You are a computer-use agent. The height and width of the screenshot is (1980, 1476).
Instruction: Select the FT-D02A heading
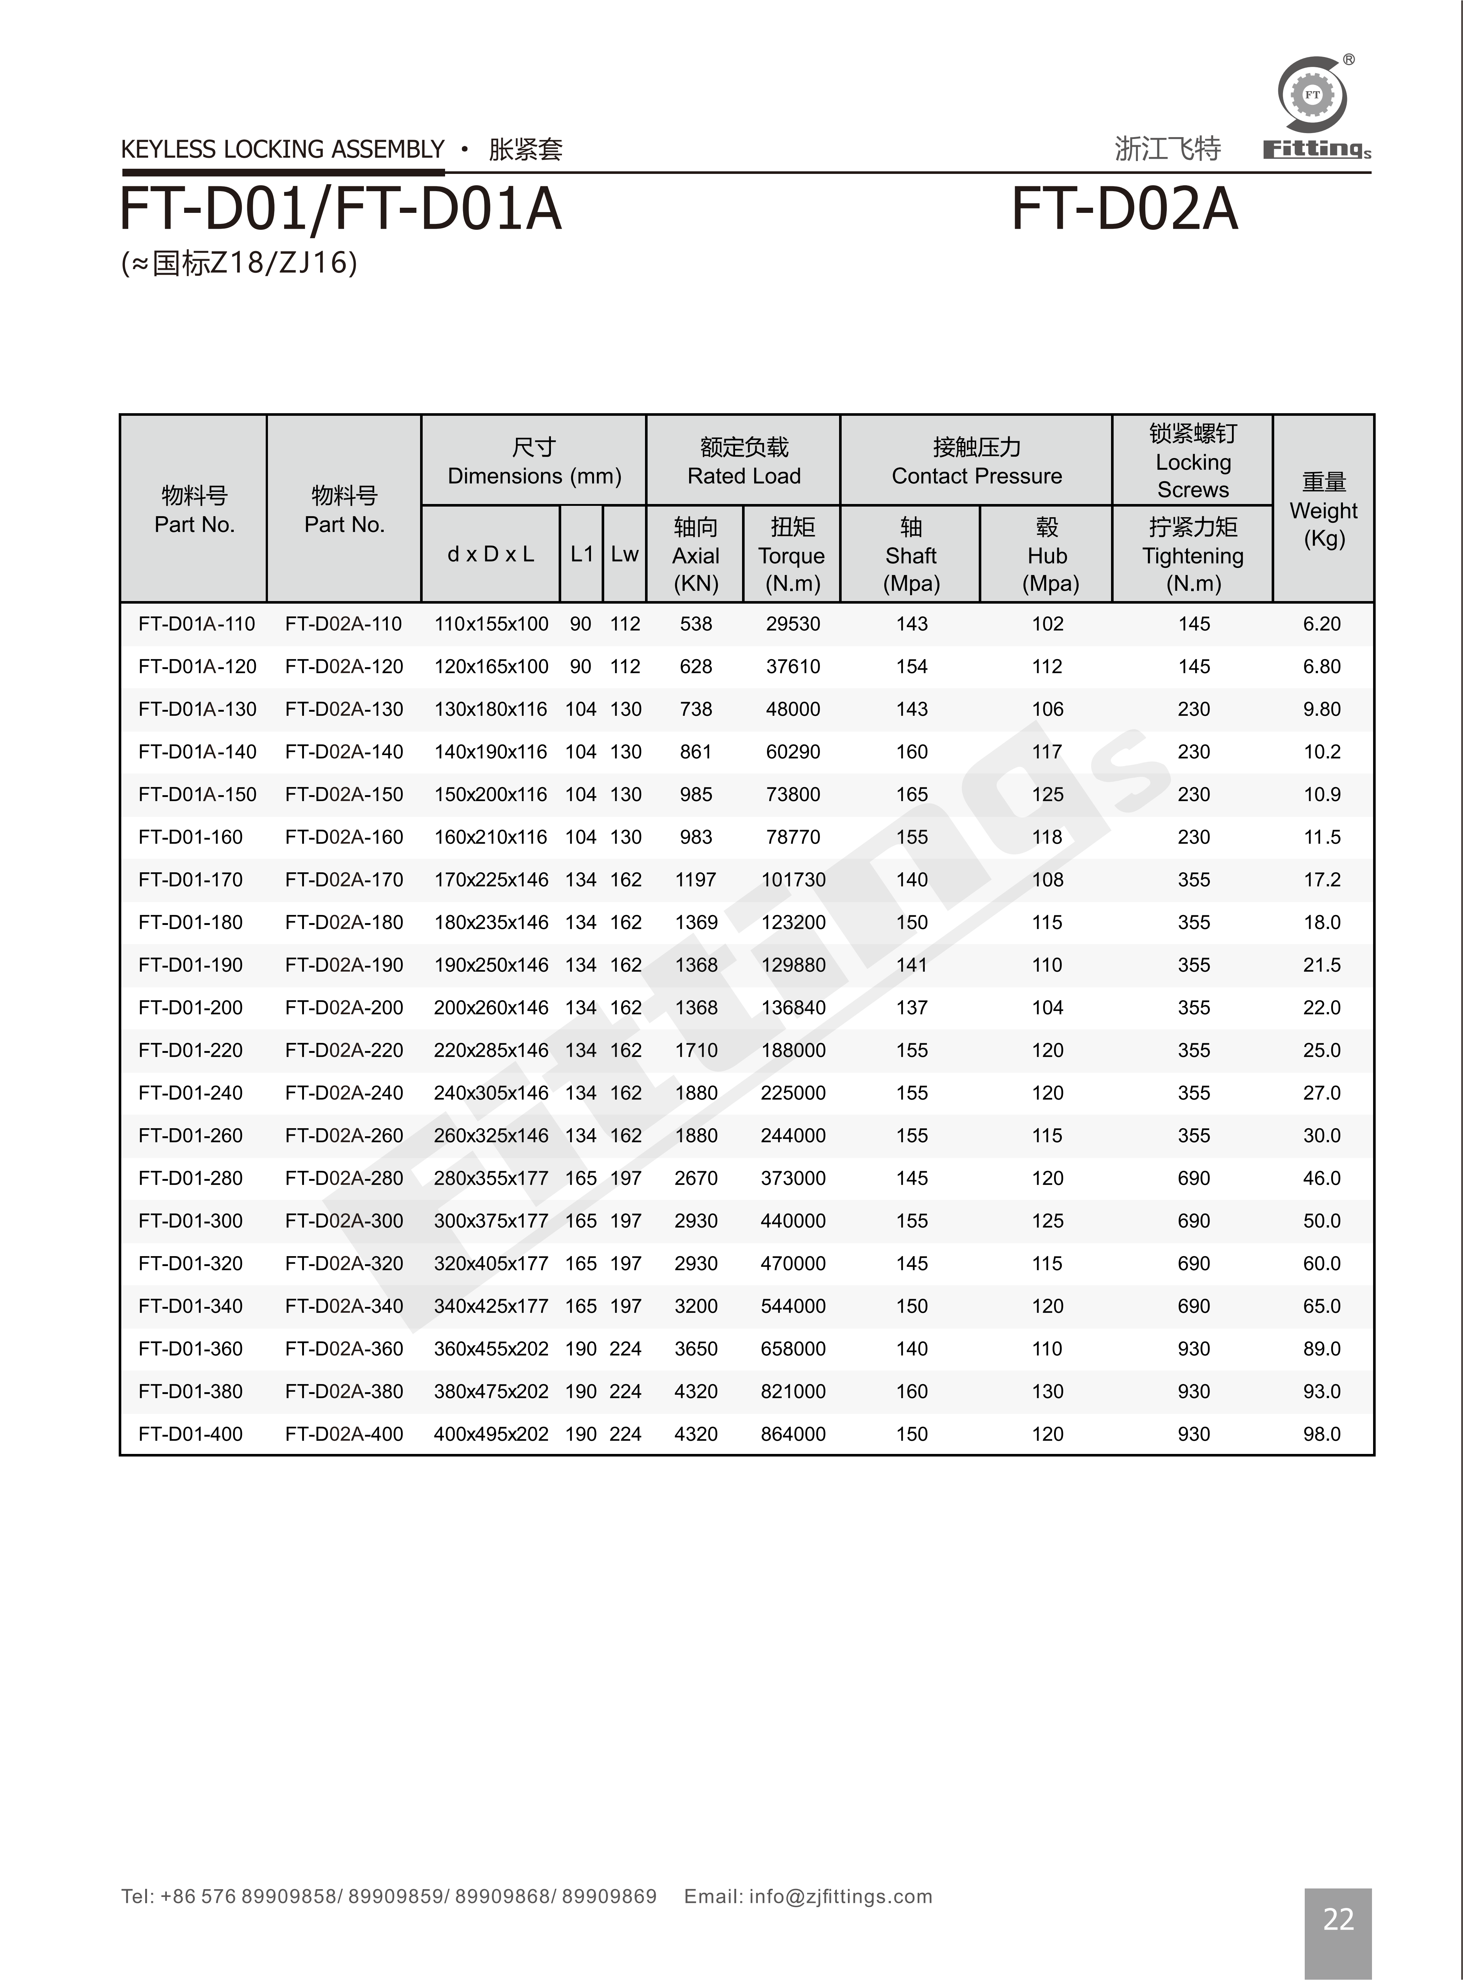[x=1124, y=210]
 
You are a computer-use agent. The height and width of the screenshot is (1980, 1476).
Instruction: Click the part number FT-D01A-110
[x=197, y=623]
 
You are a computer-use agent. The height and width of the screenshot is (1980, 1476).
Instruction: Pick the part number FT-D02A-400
[x=344, y=1434]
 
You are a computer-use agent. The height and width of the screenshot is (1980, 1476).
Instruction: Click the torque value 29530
[x=792, y=623]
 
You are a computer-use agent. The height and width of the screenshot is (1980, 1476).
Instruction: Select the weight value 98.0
[x=1321, y=1434]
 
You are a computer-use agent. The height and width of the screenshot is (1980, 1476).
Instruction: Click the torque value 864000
[x=792, y=1434]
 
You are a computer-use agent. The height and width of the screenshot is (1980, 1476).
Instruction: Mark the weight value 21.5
[x=1321, y=965]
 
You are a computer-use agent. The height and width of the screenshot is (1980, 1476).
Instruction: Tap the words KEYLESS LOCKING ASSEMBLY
[x=282, y=149]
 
